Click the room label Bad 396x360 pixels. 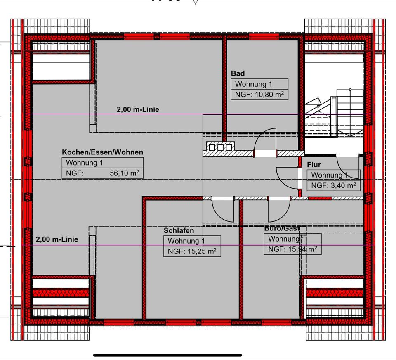coord(238,73)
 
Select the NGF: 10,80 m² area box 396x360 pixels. coord(259,95)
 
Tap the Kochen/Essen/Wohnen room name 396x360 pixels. coord(103,152)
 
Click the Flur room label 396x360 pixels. coord(313,165)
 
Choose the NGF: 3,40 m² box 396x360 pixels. coord(333,185)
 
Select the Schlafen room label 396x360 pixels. coord(179,230)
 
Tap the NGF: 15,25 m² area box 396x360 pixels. coord(192,251)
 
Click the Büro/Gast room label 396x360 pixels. coord(282,228)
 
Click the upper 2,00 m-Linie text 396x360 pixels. coord(137,109)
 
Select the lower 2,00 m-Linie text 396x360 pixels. coord(57,239)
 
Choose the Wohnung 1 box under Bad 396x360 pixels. coord(259,84)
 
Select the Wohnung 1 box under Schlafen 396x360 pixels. coord(192,241)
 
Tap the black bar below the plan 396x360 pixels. coord(167,355)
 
